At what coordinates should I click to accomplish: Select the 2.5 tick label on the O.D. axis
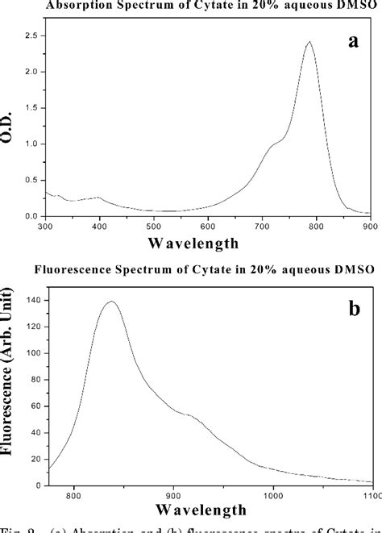pos(31,36)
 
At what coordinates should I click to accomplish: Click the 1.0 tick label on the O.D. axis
pos(31,144)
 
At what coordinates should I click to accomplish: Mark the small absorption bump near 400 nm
pos(98,197)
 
